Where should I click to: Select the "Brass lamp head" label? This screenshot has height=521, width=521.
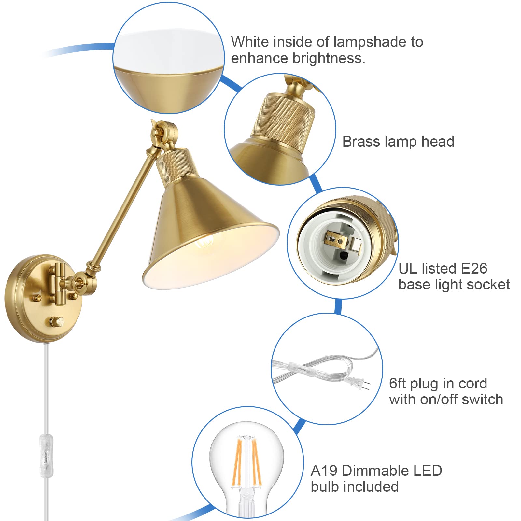(398, 142)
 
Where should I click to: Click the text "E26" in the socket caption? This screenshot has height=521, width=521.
(474, 269)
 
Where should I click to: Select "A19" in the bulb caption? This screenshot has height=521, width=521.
(324, 471)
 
